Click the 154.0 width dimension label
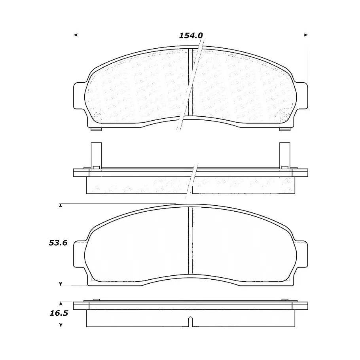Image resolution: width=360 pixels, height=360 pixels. [x=191, y=36]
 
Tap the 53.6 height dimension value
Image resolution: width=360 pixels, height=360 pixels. [x=58, y=243]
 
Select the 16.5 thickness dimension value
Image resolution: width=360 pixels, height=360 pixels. [x=59, y=313]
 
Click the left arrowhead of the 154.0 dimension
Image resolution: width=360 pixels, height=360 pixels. [x=76, y=35]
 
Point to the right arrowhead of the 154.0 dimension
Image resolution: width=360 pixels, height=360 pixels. [x=305, y=35]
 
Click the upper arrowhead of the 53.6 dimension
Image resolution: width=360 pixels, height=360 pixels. [x=61, y=206]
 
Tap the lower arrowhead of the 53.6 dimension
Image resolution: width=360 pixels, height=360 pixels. [x=61, y=284]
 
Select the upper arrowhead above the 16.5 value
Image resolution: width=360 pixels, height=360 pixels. [x=61, y=303]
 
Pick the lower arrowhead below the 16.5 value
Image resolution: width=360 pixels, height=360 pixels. [x=61, y=325]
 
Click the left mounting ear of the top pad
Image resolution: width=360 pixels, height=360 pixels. [x=79, y=95]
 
